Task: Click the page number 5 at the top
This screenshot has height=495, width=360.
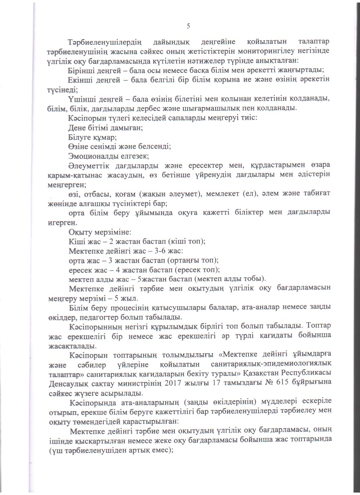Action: (188, 26)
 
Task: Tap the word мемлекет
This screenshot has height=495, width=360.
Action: (214, 194)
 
